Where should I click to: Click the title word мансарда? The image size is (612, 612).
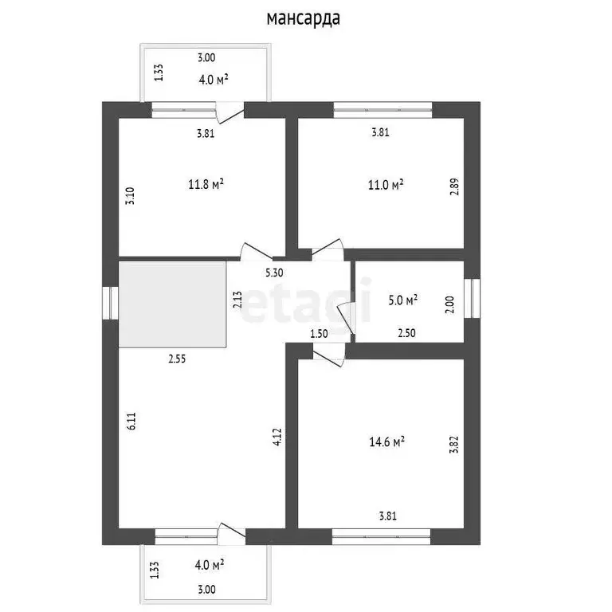pos(304,19)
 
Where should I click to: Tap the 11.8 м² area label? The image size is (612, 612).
pos(206,184)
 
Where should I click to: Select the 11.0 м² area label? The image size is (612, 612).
pos(386,184)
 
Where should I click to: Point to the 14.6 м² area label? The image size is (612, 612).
pos(386,441)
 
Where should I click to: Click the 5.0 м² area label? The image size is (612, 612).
pos(403,300)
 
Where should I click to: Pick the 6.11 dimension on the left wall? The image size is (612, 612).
pos(131,421)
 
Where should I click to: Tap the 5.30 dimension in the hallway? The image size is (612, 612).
pos(274,273)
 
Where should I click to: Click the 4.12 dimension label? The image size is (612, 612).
pos(277,437)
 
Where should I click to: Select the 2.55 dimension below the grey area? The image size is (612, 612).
pos(177,359)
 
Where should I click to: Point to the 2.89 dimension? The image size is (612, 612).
pos(455,186)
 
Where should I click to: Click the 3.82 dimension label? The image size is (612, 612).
pos(453,445)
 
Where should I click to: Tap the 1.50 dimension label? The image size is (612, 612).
pos(319,334)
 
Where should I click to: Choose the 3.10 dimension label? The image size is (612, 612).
pos(130,196)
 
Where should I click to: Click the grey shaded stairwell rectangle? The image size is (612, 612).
pos(172,304)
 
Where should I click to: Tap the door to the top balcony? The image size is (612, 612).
pos(230,113)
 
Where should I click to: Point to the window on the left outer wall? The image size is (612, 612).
pos(111,304)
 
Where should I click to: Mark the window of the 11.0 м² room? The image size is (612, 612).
pos(382,110)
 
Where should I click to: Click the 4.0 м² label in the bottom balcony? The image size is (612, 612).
pos(210,565)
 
